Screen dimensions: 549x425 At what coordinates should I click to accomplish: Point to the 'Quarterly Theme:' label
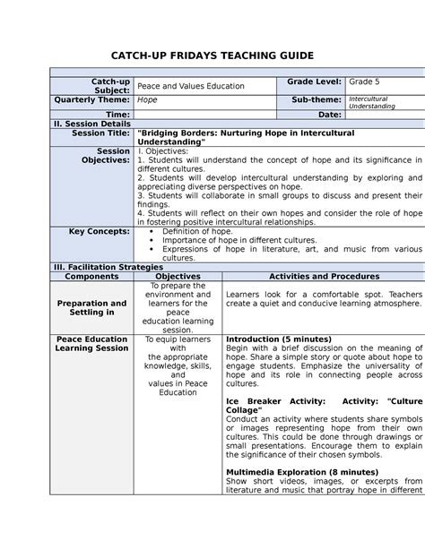[x=92, y=99]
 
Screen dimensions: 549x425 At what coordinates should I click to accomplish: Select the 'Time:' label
[x=118, y=115]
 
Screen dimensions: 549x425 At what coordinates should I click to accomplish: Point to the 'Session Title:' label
[x=100, y=133]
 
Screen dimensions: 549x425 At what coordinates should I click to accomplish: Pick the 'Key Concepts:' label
[x=100, y=230]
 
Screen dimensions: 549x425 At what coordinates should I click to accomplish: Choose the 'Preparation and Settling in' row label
[x=92, y=308]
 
